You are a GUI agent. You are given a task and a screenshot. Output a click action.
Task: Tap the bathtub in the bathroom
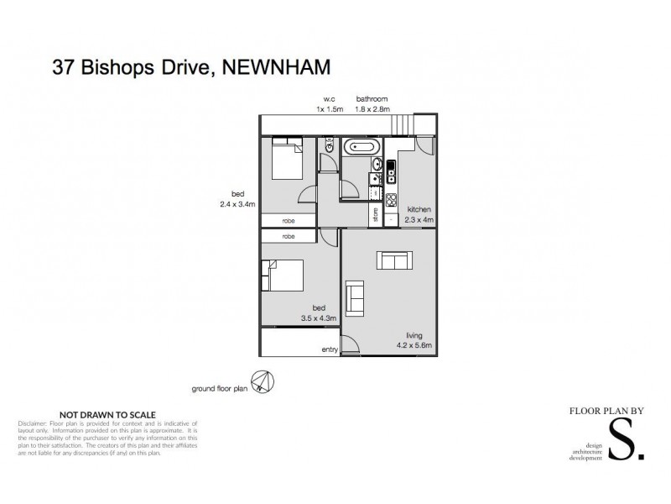coord(361,146)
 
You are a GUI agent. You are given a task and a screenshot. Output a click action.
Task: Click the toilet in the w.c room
coord(329,147)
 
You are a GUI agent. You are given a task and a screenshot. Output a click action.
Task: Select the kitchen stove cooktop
coord(390,198)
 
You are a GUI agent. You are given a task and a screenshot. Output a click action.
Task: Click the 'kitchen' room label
coord(419,209)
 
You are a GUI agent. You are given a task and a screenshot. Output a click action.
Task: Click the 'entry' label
coord(330,349)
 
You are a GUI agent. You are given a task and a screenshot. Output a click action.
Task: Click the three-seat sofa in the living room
coord(394,260)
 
